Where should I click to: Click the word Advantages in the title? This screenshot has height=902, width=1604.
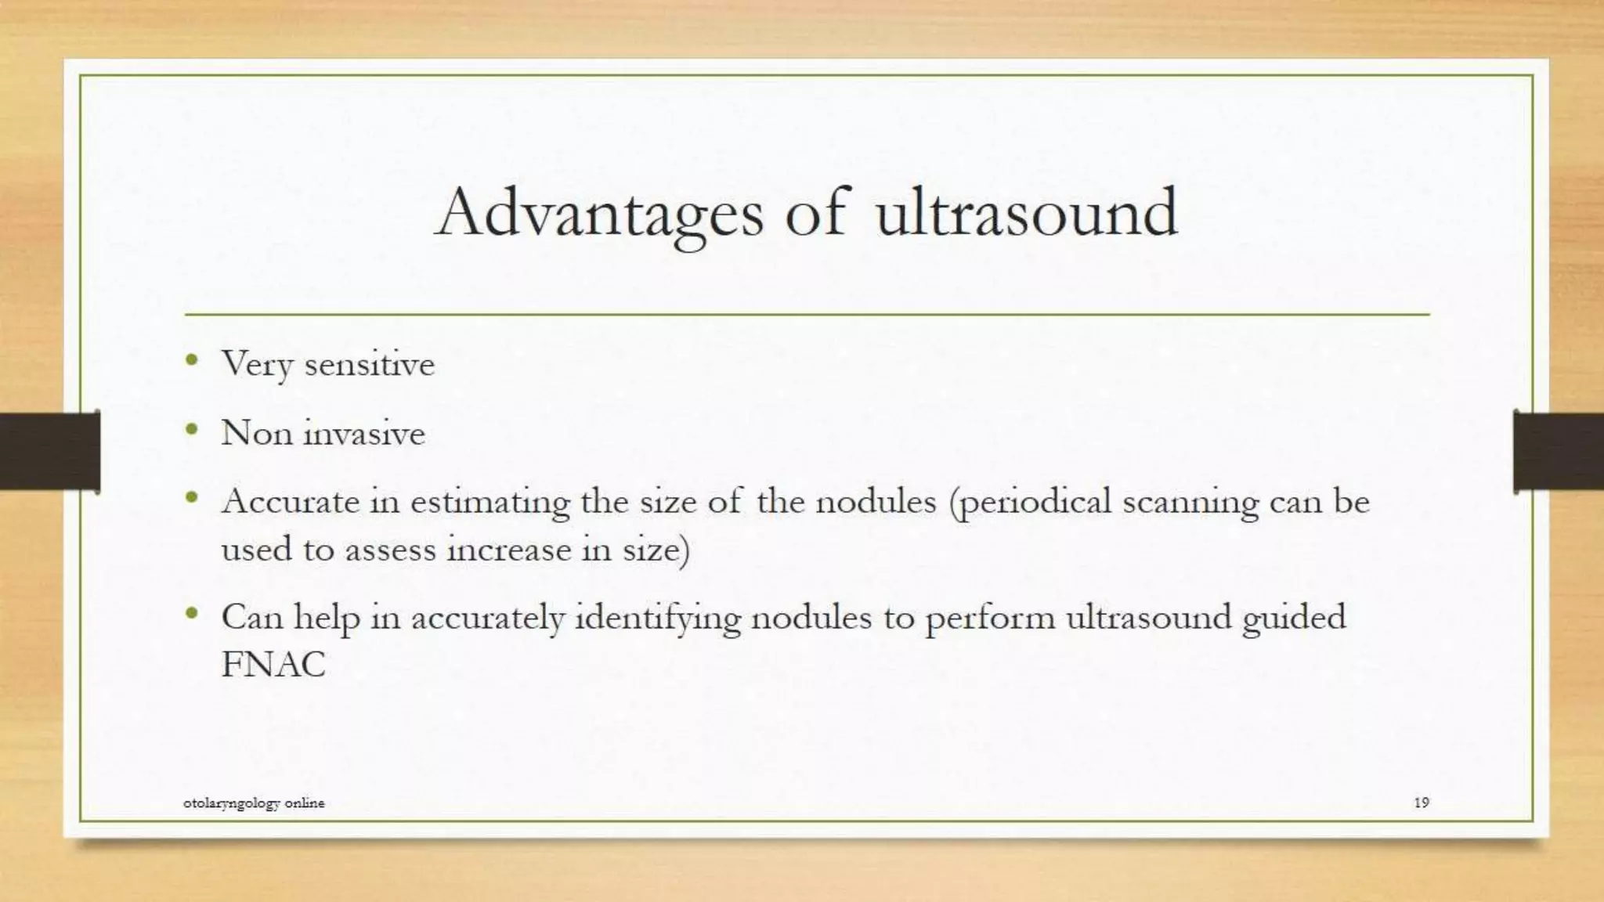click(x=598, y=213)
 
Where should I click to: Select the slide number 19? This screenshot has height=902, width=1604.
click(x=1422, y=802)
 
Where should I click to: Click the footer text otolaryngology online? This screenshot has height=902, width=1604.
click(x=254, y=803)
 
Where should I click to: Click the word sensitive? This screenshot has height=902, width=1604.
click(x=369, y=364)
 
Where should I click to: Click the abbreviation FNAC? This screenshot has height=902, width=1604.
click(x=273, y=665)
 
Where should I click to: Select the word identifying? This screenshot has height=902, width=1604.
click(x=658, y=619)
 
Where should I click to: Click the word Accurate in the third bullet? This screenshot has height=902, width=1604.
click(x=290, y=501)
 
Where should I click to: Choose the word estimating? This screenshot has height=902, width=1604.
click(x=490, y=502)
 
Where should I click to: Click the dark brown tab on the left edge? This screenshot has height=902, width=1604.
click(x=49, y=452)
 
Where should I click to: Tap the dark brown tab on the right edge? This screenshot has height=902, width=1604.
click(x=1558, y=452)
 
